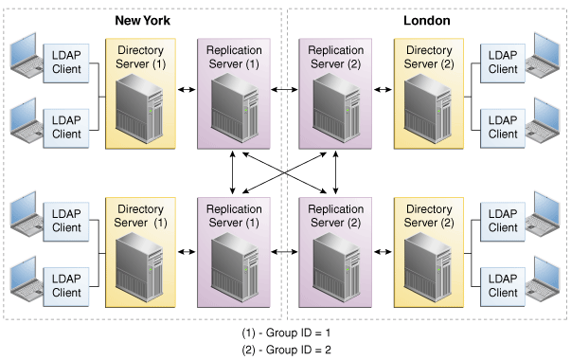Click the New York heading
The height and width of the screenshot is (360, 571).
coord(142,21)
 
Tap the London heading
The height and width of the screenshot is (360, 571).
coord(427,21)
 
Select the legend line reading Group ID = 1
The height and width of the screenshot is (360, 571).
coord(286,333)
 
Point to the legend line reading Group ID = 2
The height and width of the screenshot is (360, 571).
coord(286,350)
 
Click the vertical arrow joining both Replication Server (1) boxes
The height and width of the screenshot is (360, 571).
coord(233,172)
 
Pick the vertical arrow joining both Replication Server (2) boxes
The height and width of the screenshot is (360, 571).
coord(335,172)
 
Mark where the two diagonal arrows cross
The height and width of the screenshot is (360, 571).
coord(284,172)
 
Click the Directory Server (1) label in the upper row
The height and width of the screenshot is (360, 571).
coord(140,57)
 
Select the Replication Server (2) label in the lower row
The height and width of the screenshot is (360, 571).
coord(335,216)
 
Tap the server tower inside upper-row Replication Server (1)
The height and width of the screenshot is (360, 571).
coord(235,107)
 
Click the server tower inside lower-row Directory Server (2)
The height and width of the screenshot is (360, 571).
coord(428,267)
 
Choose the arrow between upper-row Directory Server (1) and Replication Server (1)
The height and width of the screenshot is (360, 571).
coord(187,90)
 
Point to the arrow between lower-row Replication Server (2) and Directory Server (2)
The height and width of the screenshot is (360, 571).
coord(383,251)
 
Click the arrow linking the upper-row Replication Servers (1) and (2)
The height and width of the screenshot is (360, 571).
coord(284,90)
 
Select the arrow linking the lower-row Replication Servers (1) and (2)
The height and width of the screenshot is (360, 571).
coord(284,251)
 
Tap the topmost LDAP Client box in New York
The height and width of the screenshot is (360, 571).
coord(66,63)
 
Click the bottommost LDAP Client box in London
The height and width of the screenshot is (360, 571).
coord(503,287)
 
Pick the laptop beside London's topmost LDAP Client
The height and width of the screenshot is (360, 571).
coord(543,55)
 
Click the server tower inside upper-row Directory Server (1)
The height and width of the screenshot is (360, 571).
coord(139,108)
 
